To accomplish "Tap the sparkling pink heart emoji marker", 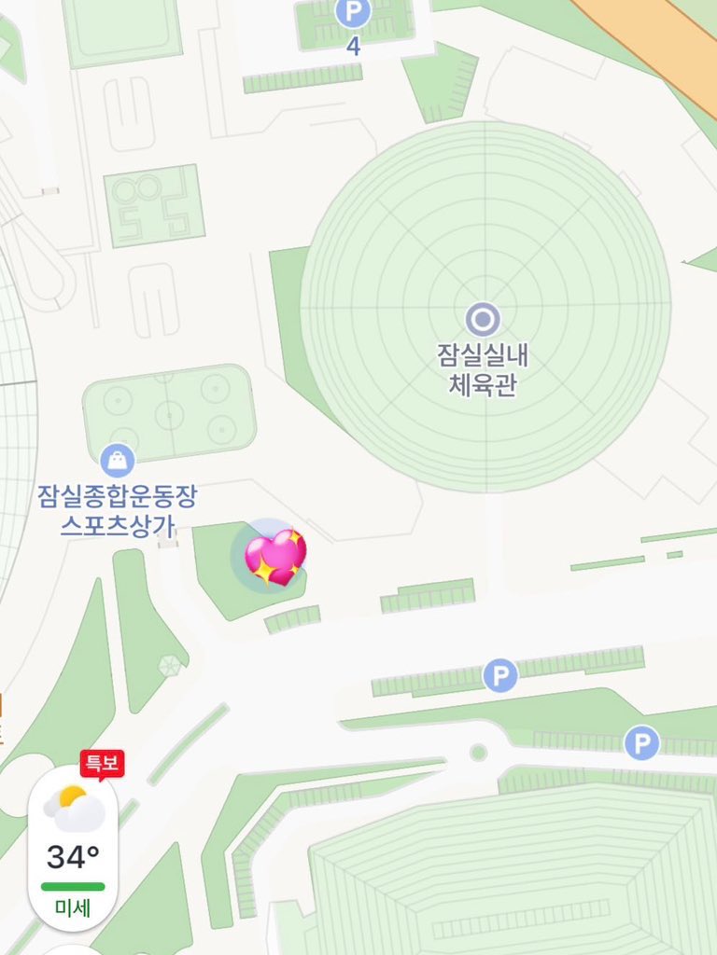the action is [274, 558].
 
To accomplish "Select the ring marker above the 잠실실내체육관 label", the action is [483, 320].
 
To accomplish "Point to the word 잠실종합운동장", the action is [118, 495].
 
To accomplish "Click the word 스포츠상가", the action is [118, 524].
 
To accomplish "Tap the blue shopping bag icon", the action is [118, 460].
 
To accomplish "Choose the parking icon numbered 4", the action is [353, 13].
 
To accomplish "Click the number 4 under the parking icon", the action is [353, 46].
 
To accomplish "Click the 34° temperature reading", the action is [73, 855].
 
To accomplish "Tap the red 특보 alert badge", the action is [102, 763].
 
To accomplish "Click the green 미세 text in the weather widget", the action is [73, 907].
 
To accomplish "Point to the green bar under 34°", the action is [73, 886].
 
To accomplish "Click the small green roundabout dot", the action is [478, 752].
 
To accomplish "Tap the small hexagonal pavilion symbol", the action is [169, 665].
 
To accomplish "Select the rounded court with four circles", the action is [169, 410].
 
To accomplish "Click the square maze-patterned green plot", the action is [154, 205].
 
